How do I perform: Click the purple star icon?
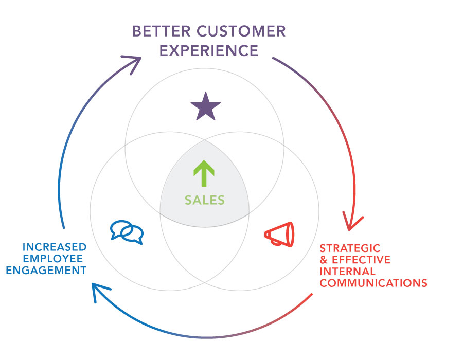coord(205,107)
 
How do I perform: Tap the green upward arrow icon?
coord(204,173)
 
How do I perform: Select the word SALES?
coord(205,200)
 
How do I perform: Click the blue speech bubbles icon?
coord(127,232)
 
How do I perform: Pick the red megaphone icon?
coord(279,235)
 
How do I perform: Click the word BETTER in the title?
coord(161,31)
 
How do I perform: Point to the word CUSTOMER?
coord(241,31)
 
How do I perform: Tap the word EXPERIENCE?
coord(209,50)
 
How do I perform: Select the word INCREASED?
coord(55,247)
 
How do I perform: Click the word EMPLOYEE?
coord(53,259)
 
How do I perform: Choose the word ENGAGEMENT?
coord(46,270)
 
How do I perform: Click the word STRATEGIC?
coord(350,248)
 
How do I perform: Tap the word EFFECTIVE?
coord(361,260)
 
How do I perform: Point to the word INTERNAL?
coord(348,271)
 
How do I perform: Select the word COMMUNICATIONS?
coord(373,283)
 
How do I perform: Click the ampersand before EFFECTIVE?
coord(324,260)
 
